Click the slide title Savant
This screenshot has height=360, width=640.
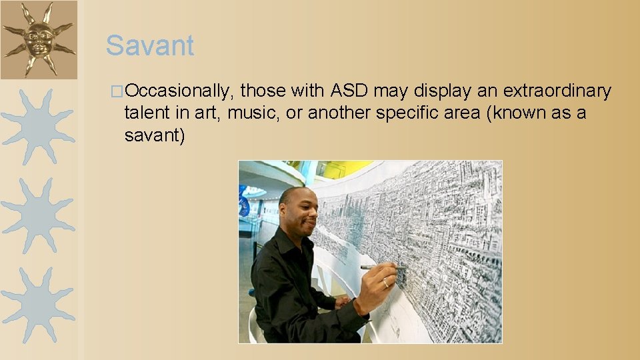coord(150,46)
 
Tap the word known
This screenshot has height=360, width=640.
coord(522,113)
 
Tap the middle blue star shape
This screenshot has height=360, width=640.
coord(38,215)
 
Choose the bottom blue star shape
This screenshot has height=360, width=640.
coord(38,305)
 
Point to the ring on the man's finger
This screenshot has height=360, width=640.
coord(385,283)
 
